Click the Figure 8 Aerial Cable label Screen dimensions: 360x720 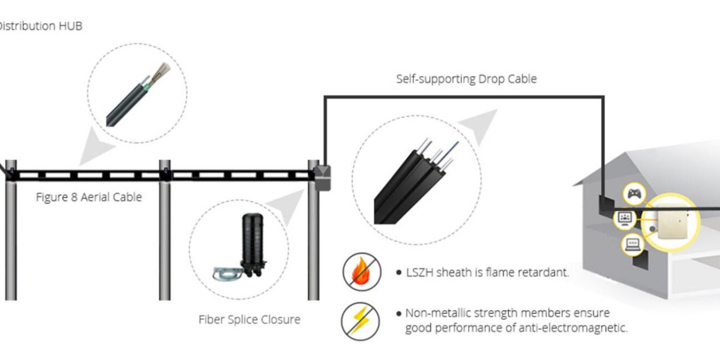pos(89,197)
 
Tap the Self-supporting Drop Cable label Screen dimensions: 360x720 pos(466,79)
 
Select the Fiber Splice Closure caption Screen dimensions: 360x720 pos(249,319)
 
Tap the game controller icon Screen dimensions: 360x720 pos(634,194)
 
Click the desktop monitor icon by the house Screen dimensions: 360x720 pos(624,218)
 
